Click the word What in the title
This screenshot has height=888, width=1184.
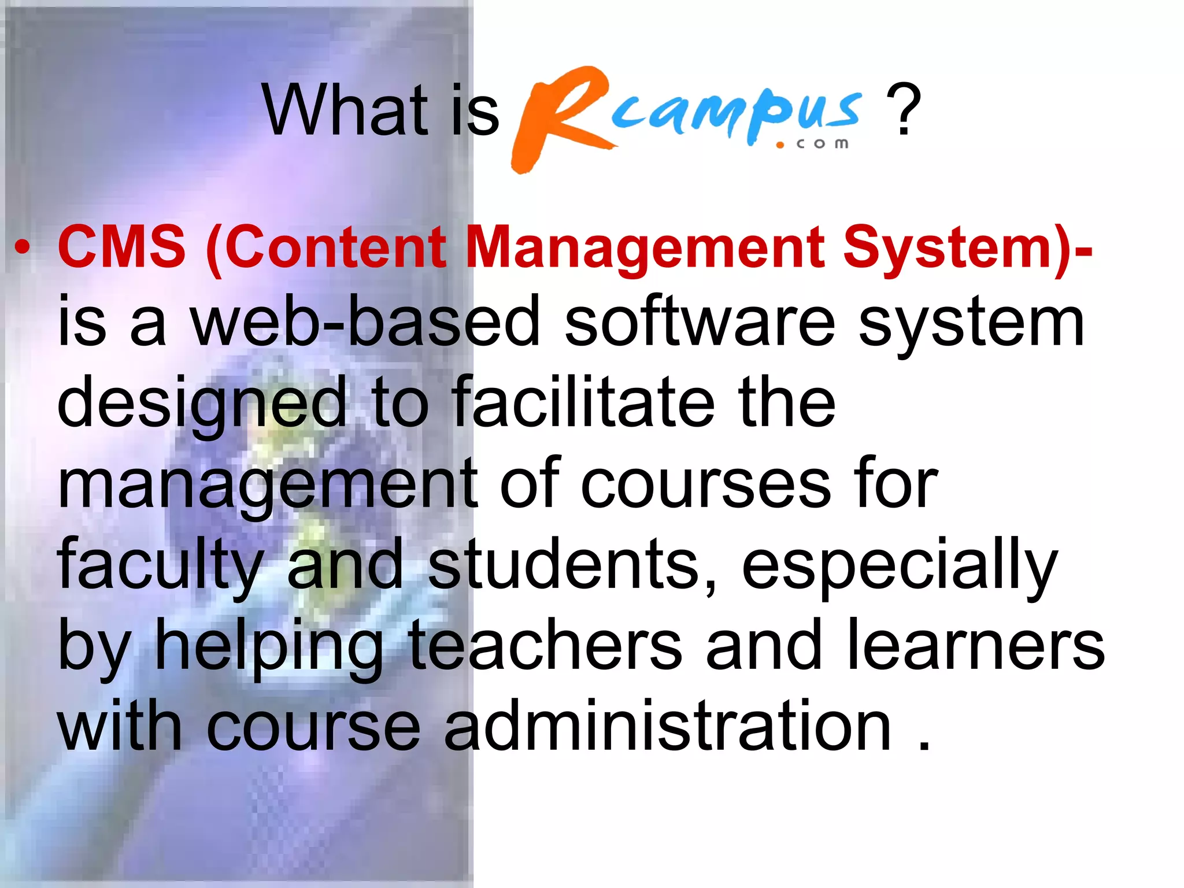tap(346, 110)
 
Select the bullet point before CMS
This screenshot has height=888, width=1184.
tap(22, 248)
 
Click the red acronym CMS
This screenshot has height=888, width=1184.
tap(121, 247)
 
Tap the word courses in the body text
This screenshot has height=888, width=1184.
tap(705, 484)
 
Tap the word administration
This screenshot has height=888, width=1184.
tap(668, 726)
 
